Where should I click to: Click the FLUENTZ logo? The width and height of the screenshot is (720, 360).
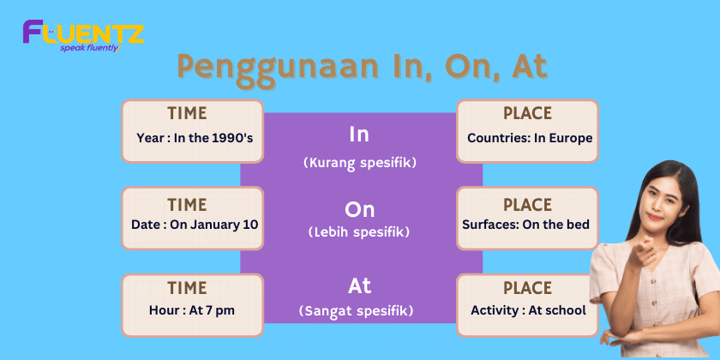84,36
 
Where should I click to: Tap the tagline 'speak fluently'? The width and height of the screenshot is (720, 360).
90,48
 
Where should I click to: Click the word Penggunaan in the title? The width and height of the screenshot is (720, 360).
279,68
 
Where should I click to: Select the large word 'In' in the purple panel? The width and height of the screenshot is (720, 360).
359,135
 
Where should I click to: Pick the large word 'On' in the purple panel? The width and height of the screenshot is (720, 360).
359,210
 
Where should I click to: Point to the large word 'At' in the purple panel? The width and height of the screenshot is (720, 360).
359,286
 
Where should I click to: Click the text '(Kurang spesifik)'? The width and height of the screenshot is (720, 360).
360,164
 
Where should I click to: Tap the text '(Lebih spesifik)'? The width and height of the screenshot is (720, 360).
359,232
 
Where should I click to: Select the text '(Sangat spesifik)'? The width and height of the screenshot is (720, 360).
356,311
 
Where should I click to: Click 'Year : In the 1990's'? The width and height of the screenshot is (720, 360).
195,138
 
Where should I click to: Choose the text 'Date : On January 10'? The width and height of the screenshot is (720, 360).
195,225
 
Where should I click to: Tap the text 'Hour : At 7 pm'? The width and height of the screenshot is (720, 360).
192,310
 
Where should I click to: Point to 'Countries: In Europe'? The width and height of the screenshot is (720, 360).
530,138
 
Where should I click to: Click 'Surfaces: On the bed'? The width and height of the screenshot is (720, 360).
525,225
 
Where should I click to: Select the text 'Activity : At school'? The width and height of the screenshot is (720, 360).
529,311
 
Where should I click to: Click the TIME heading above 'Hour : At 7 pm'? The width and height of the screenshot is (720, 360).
187,288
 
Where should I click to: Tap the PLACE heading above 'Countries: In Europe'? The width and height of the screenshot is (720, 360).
528,113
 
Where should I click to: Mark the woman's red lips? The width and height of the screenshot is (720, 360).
655,216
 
